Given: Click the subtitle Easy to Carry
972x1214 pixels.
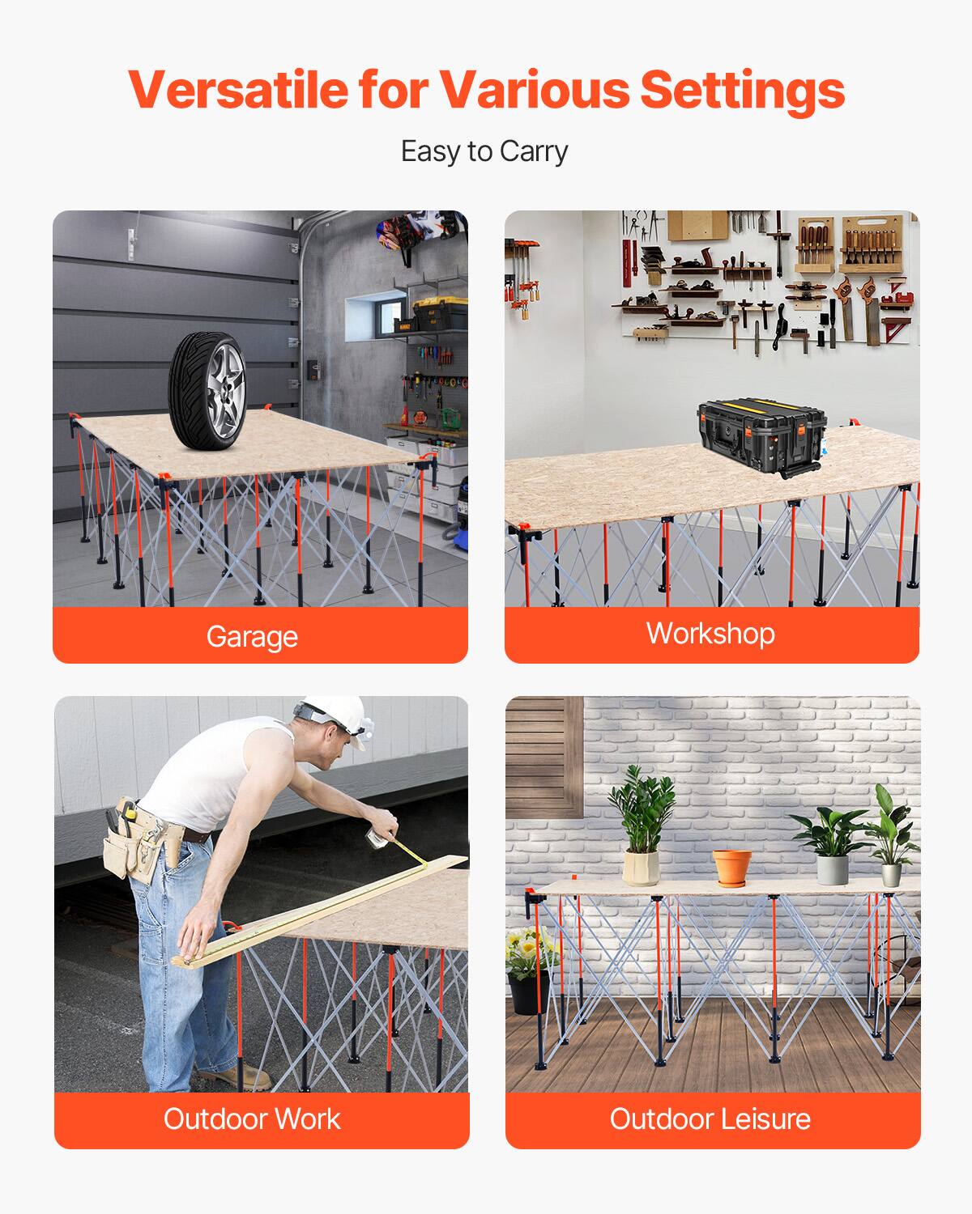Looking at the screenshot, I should [484, 151].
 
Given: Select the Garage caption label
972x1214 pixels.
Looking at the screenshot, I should [252, 636].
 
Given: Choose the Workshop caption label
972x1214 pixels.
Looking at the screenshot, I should [710, 633].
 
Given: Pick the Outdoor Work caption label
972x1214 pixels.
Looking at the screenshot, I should [252, 1118].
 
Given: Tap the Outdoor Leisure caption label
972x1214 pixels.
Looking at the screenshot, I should [710, 1118].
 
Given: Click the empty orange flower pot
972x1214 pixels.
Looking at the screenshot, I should [731, 866].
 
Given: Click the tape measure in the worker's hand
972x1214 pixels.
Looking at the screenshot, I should [376, 839].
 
